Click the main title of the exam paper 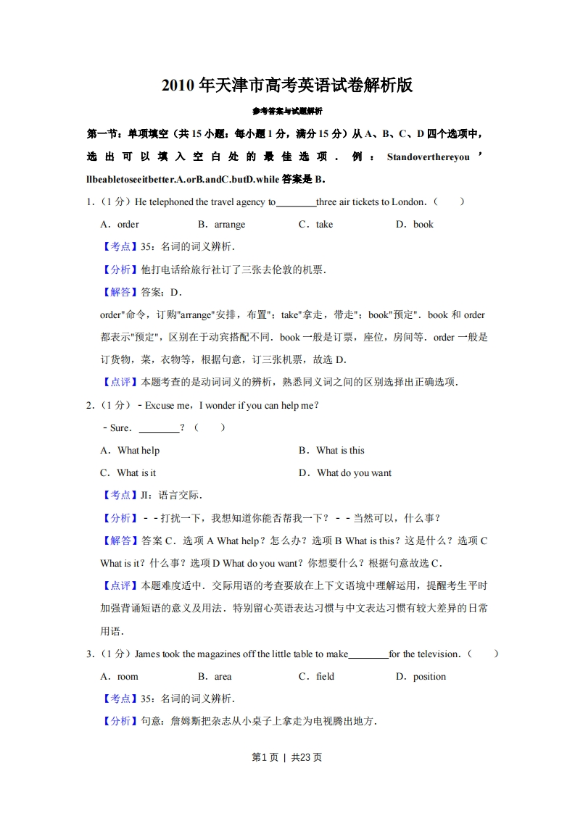tap(287, 85)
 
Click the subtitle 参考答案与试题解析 tap(287, 111)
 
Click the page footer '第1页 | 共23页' tap(287, 757)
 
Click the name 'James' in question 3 tap(147, 654)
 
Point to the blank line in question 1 tap(296, 204)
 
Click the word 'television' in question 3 tap(437, 654)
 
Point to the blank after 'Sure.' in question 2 tap(158, 429)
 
